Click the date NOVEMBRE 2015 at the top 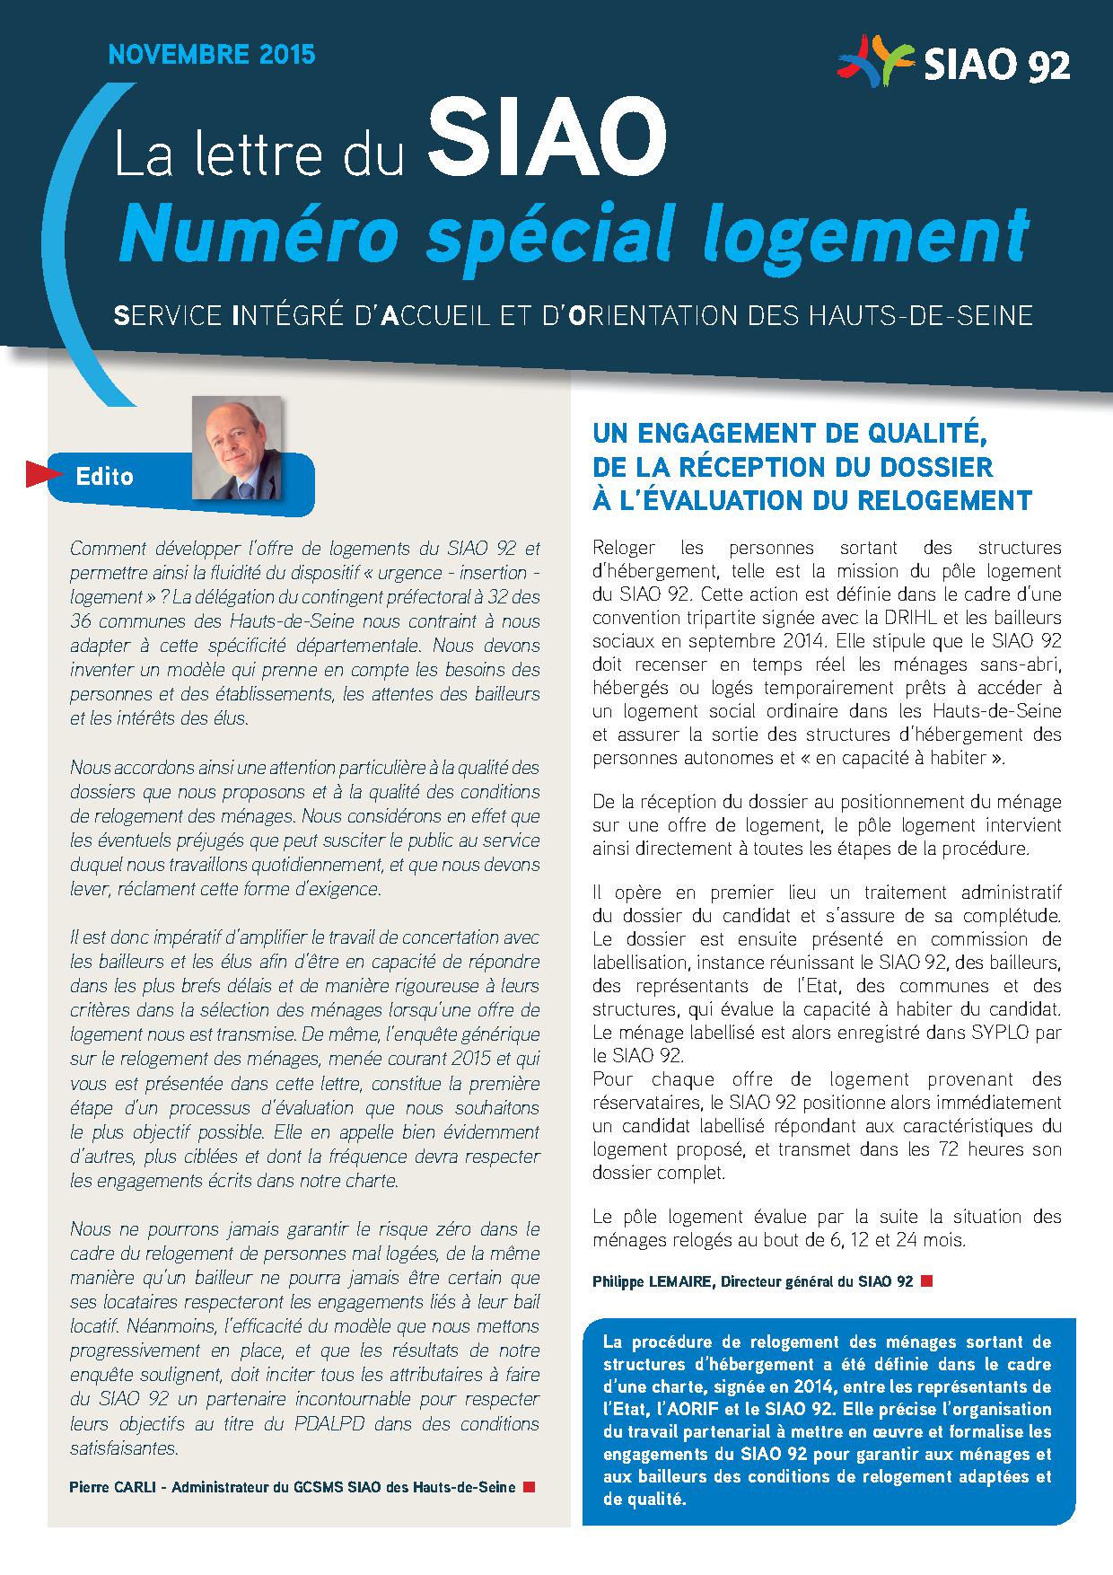[212, 55]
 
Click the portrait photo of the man [237, 448]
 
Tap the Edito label [105, 476]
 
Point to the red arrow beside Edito [38, 474]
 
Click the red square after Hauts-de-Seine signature [529, 1487]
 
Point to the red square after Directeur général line [926, 1281]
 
